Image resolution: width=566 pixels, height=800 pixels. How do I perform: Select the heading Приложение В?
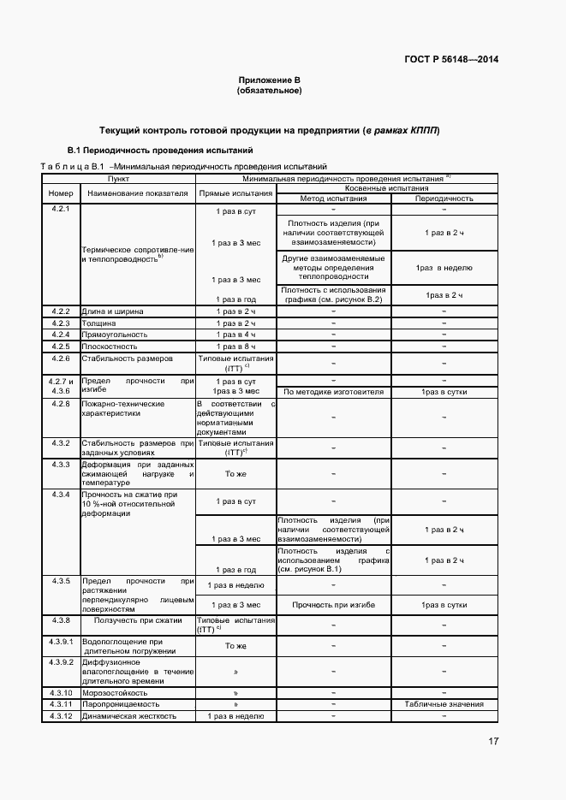coord(270,80)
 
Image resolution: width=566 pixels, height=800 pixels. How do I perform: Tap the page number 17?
coord(494,741)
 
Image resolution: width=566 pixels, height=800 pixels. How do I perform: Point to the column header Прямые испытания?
coord(235,193)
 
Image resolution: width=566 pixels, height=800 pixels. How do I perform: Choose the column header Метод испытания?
coord(333,198)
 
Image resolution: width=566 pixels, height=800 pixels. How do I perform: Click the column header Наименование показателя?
coord(137,193)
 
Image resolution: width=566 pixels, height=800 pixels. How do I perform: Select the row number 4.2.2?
coord(60,311)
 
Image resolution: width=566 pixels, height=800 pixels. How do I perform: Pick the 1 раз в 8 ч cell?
coord(235,347)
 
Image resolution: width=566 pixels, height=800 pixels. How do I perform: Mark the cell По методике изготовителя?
coord(333,392)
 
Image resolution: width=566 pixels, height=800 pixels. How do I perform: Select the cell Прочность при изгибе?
coord(333,604)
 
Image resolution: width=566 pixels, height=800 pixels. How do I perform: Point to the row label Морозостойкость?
coord(114,692)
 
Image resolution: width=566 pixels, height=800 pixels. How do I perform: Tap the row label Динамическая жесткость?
coord(128,716)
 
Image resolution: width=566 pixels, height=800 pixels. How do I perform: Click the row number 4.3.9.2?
coord(60,661)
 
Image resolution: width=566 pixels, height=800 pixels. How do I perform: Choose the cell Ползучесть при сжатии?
coord(137,619)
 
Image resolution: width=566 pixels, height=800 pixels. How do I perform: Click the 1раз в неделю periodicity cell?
coord(444,268)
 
